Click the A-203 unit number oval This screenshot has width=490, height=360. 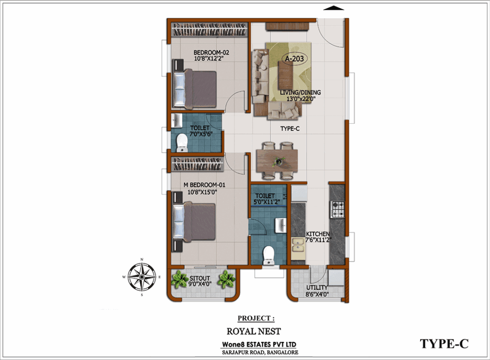pyautogui.click(x=294, y=58)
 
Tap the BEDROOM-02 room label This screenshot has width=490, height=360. pyautogui.click(x=211, y=53)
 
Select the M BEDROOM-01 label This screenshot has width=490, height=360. pyautogui.click(x=204, y=185)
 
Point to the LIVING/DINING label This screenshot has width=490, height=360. pyautogui.click(x=301, y=92)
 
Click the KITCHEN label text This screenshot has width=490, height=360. pyautogui.click(x=318, y=234)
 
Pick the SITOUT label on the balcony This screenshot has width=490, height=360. pyautogui.click(x=200, y=278)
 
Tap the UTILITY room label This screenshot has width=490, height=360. pyautogui.click(x=317, y=287)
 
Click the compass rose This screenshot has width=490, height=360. pyautogui.click(x=142, y=277)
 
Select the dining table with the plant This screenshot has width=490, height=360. pyautogui.click(x=277, y=161)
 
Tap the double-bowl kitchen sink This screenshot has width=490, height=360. pyautogui.click(x=298, y=245)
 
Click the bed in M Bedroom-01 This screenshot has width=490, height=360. pyautogui.click(x=194, y=221)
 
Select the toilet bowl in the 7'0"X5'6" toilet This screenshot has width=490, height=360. pyautogui.click(x=182, y=143)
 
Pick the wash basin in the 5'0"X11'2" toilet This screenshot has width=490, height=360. pyautogui.click(x=280, y=226)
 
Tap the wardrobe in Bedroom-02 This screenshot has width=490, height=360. pyautogui.click(x=210, y=30)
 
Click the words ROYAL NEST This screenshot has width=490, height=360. pyautogui.click(x=254, y=331)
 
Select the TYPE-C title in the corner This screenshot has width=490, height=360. pyautogui.click(x=444, y=344)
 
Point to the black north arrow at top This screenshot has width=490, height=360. pyautogui.click(x=334, y=8)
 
